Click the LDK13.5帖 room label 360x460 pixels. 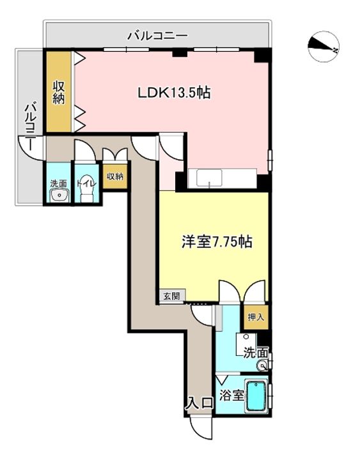[x=174, y=93]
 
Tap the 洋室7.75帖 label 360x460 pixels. [x=217, y=241]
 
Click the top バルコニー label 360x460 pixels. [x=157, y=36]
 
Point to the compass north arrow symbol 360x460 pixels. [x=324, y=47]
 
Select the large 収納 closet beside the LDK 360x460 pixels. [x=59, y=92]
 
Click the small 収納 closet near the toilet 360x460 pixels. [x=115, y=176]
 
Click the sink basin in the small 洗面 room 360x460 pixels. [x=59, y=195]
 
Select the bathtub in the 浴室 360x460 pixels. [x=256, y=396]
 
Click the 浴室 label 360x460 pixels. [x=232, y=395]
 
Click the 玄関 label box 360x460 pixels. [x=172, y=296]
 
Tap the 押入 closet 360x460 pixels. [x=256, y=317]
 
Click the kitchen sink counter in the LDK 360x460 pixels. [x=223, y=178]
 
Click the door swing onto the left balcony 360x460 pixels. [x=31, y=148]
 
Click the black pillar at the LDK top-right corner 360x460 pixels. [x=261, y=56]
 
